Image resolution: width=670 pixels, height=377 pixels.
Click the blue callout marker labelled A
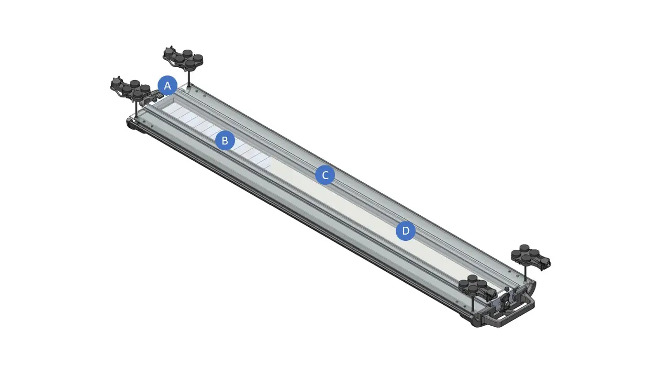[x=167, y=85]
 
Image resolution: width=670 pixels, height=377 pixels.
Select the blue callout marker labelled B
[x=225, y=140]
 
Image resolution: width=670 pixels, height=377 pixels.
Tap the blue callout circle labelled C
[x=325, y=175]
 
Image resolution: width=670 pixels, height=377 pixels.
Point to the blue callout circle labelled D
[x=406, y=231]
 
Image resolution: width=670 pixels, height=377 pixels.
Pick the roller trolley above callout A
[x=183, y=58]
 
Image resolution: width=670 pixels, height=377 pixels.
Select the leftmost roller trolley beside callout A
[x=131, y=88]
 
